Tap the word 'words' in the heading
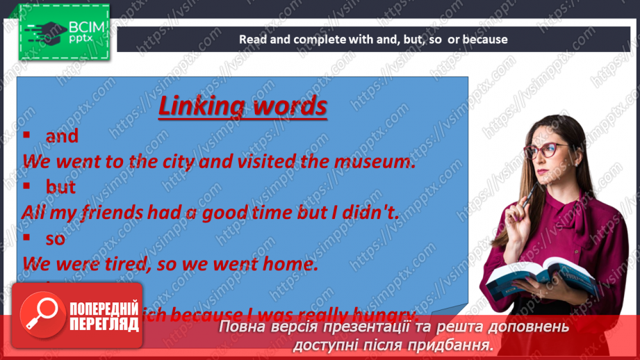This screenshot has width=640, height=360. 288,106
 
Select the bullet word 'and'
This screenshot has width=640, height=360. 62,136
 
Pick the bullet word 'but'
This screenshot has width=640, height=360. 60,187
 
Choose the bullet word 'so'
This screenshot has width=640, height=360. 55,238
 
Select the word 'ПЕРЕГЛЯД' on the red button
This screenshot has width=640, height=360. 104,324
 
